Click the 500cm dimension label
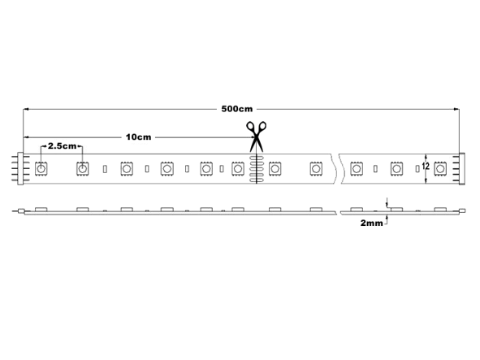(x=237, y=109)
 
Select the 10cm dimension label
(x=138, y=137)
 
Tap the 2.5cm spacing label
(x=62, y=145)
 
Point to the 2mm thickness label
(x=371, y=223)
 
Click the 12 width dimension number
(x=426, y=167)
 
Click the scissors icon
(x=257, y=137)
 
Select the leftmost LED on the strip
(x=41, y=168)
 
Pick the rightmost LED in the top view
(x=440, y=168)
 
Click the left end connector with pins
(x=20, y=168)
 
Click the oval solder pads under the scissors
(x=256, y=169)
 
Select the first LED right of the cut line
(x=275, y=168)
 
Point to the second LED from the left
(x=82, y=168)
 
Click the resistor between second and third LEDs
(x=105, y=169)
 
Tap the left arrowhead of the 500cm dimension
(x=26, y=109)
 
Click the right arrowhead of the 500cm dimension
(x=456, y=109)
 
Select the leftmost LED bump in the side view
(x=41, y=210)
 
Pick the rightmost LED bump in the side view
(x=440, y=210)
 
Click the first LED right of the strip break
(x=356, y=168)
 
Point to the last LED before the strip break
(x=316, y=168)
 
